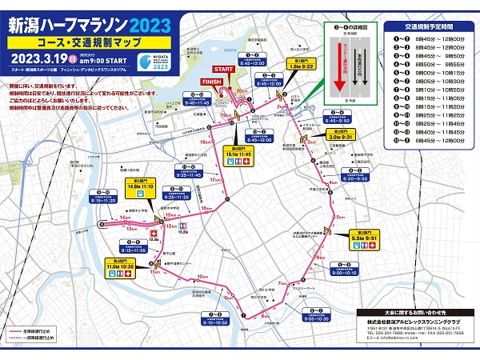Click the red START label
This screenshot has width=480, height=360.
224,70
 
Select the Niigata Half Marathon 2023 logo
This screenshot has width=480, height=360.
158,62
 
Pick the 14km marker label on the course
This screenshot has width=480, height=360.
124,217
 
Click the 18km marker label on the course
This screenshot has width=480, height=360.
205,142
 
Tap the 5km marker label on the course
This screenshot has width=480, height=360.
340,217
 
